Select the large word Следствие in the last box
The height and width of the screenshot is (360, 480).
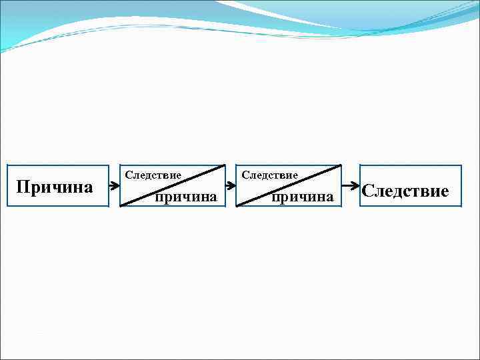pyautogui.click(x=405, y=192)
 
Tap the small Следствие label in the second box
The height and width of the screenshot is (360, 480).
pyautogui.click(x=153, y=175)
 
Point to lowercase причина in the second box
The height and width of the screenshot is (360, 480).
pyautogui.click(x=186, y=197)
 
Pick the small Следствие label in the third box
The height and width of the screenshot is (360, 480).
pyautogui.click(x=269, y=175)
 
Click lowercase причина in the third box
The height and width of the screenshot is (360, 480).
pyautogui.click(x=302, y=197)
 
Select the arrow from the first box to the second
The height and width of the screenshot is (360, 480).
pyautogui.click(x=114, y=186)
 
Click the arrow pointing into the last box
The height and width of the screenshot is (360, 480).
pyautogui.click(x=350, y=186)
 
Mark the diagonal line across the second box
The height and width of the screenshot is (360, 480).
pyautogui.click(x=172, y=186)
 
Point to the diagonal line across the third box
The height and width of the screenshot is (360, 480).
pyautogui.click(x=289, y=185)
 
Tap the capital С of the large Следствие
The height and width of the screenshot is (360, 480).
pyautogui.click(x=368, y=192)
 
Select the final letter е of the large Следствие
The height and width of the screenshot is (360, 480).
pyautogui.click(x=445, y=192)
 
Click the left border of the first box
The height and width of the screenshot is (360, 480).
pyautogui.click(x=7, y=186)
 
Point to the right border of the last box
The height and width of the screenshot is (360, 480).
pyautogui.click(x=461, y=186)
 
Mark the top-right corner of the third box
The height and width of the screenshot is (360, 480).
pyautogui.click(x=341, y=165)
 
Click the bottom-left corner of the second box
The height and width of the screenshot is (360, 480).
pyautogui.click(x=120, y=207)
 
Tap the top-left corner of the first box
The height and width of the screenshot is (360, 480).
pyautogui.click(x=7, y=165)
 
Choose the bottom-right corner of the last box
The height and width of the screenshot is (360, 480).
pyautogui.click(x=461, y=207)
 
